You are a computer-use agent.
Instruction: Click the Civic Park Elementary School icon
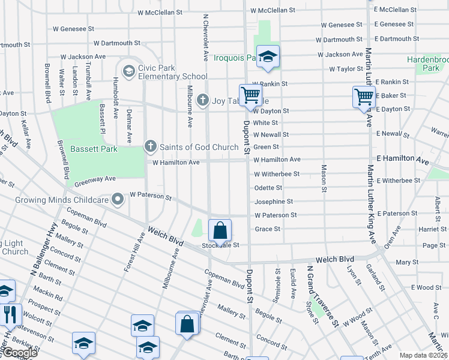click(x=128, y=71)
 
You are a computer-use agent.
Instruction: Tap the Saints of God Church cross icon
click(x=151, y=146)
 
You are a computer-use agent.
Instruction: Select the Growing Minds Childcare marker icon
click(x=116, y=201)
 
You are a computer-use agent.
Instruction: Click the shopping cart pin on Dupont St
click(x=250, y=94)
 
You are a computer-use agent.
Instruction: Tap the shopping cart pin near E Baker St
click(x=364, y=96)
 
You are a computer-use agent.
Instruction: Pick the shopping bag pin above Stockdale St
click(x=220, y=230)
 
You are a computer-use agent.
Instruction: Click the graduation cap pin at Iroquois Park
click(x=268, y=56)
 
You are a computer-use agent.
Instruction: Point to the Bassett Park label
click(x=88, y=149)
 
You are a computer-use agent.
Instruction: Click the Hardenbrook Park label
click(x=427, y=64)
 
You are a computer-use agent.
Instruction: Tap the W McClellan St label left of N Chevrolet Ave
click(x=160, y=12)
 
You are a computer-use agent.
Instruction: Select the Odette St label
click(x=268, y=188)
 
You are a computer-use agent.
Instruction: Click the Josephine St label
click(x=273, y=202)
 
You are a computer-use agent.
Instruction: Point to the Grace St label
click(x=267, y=229)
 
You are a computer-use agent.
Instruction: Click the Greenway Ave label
click(x=95, y=179)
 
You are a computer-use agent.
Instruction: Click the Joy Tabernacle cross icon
click(x=203, y=100)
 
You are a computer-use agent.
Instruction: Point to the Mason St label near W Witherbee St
click(x=324, y=178)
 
